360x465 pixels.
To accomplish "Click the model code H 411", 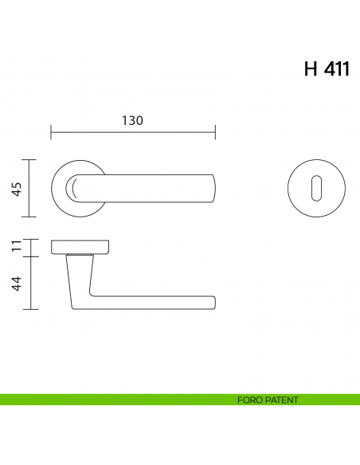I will (326, 69).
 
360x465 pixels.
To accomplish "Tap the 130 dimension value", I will (132, 121).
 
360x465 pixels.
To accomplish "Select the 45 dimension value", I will (17, 188).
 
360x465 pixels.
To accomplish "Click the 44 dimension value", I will (17, 283).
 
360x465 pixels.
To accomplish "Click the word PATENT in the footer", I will (281, 400).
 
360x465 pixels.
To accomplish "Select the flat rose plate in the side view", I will (80, 246).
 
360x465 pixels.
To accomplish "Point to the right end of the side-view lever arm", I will (213, 302).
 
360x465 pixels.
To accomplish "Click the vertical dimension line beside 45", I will (30, 188).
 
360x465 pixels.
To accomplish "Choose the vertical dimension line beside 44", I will (30, 283).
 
